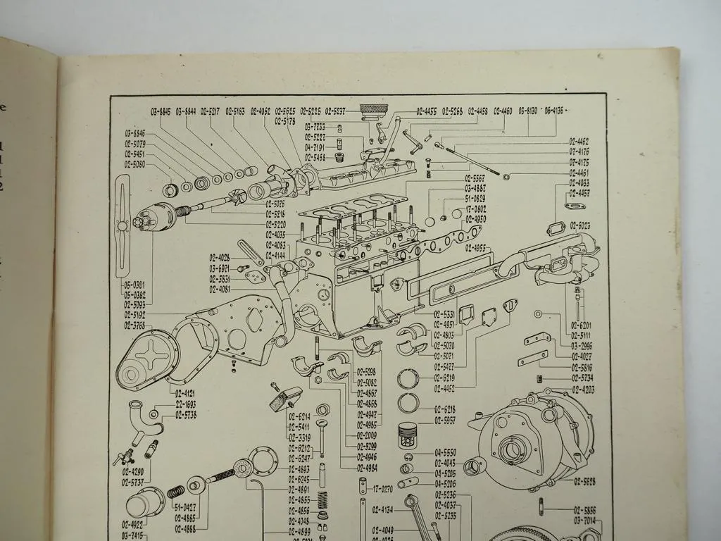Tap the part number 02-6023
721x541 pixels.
[x=580, y=225]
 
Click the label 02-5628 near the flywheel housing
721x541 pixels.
[x=584, y=481]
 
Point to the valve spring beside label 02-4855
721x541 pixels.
[x=323, y=500]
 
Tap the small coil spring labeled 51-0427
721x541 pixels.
[x=176, y=491]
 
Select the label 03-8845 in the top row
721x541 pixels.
[x=161, y=111]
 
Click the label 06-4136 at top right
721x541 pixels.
[x=554, y=111]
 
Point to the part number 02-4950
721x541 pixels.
[x=475, y=219]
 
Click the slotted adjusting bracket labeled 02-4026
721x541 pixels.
[x=249, y=252]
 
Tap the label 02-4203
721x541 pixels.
[x=583, y=389]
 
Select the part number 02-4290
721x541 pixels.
[x=133, y=471]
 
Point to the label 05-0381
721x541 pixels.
[x=135, y=286]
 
